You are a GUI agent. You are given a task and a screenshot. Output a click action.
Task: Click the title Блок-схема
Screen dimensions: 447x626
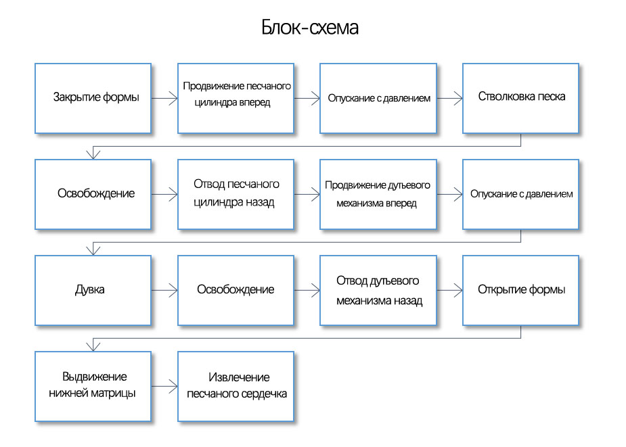point(309,28)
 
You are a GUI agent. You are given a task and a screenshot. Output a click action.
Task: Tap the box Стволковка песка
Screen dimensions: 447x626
point(520,98)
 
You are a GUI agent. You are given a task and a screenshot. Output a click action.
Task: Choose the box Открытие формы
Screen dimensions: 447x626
point(520,290)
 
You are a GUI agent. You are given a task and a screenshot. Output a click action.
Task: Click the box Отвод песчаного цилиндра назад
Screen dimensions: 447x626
point(236,194)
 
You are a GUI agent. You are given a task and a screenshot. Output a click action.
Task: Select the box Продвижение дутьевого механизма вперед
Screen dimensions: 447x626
point(378,194)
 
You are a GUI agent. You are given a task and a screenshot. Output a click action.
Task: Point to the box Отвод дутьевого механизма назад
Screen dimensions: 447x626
point(378,290)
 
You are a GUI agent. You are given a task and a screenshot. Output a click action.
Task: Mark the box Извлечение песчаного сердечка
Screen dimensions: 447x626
point(236,386)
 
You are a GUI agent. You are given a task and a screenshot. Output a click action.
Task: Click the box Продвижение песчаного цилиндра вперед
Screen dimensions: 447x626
point(236,98)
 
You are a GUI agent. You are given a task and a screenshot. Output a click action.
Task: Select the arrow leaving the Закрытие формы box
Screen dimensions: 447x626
point(164,98)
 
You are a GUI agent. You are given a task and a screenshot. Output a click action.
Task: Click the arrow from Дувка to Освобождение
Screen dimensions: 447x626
point(164,290)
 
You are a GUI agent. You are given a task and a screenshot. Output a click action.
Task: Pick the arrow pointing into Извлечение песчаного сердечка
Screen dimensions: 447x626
point(164,386)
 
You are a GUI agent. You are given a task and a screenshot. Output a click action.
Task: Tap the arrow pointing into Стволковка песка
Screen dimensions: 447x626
point(449,98)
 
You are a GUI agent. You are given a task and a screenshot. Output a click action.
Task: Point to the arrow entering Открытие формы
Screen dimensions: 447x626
point(449,290)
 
